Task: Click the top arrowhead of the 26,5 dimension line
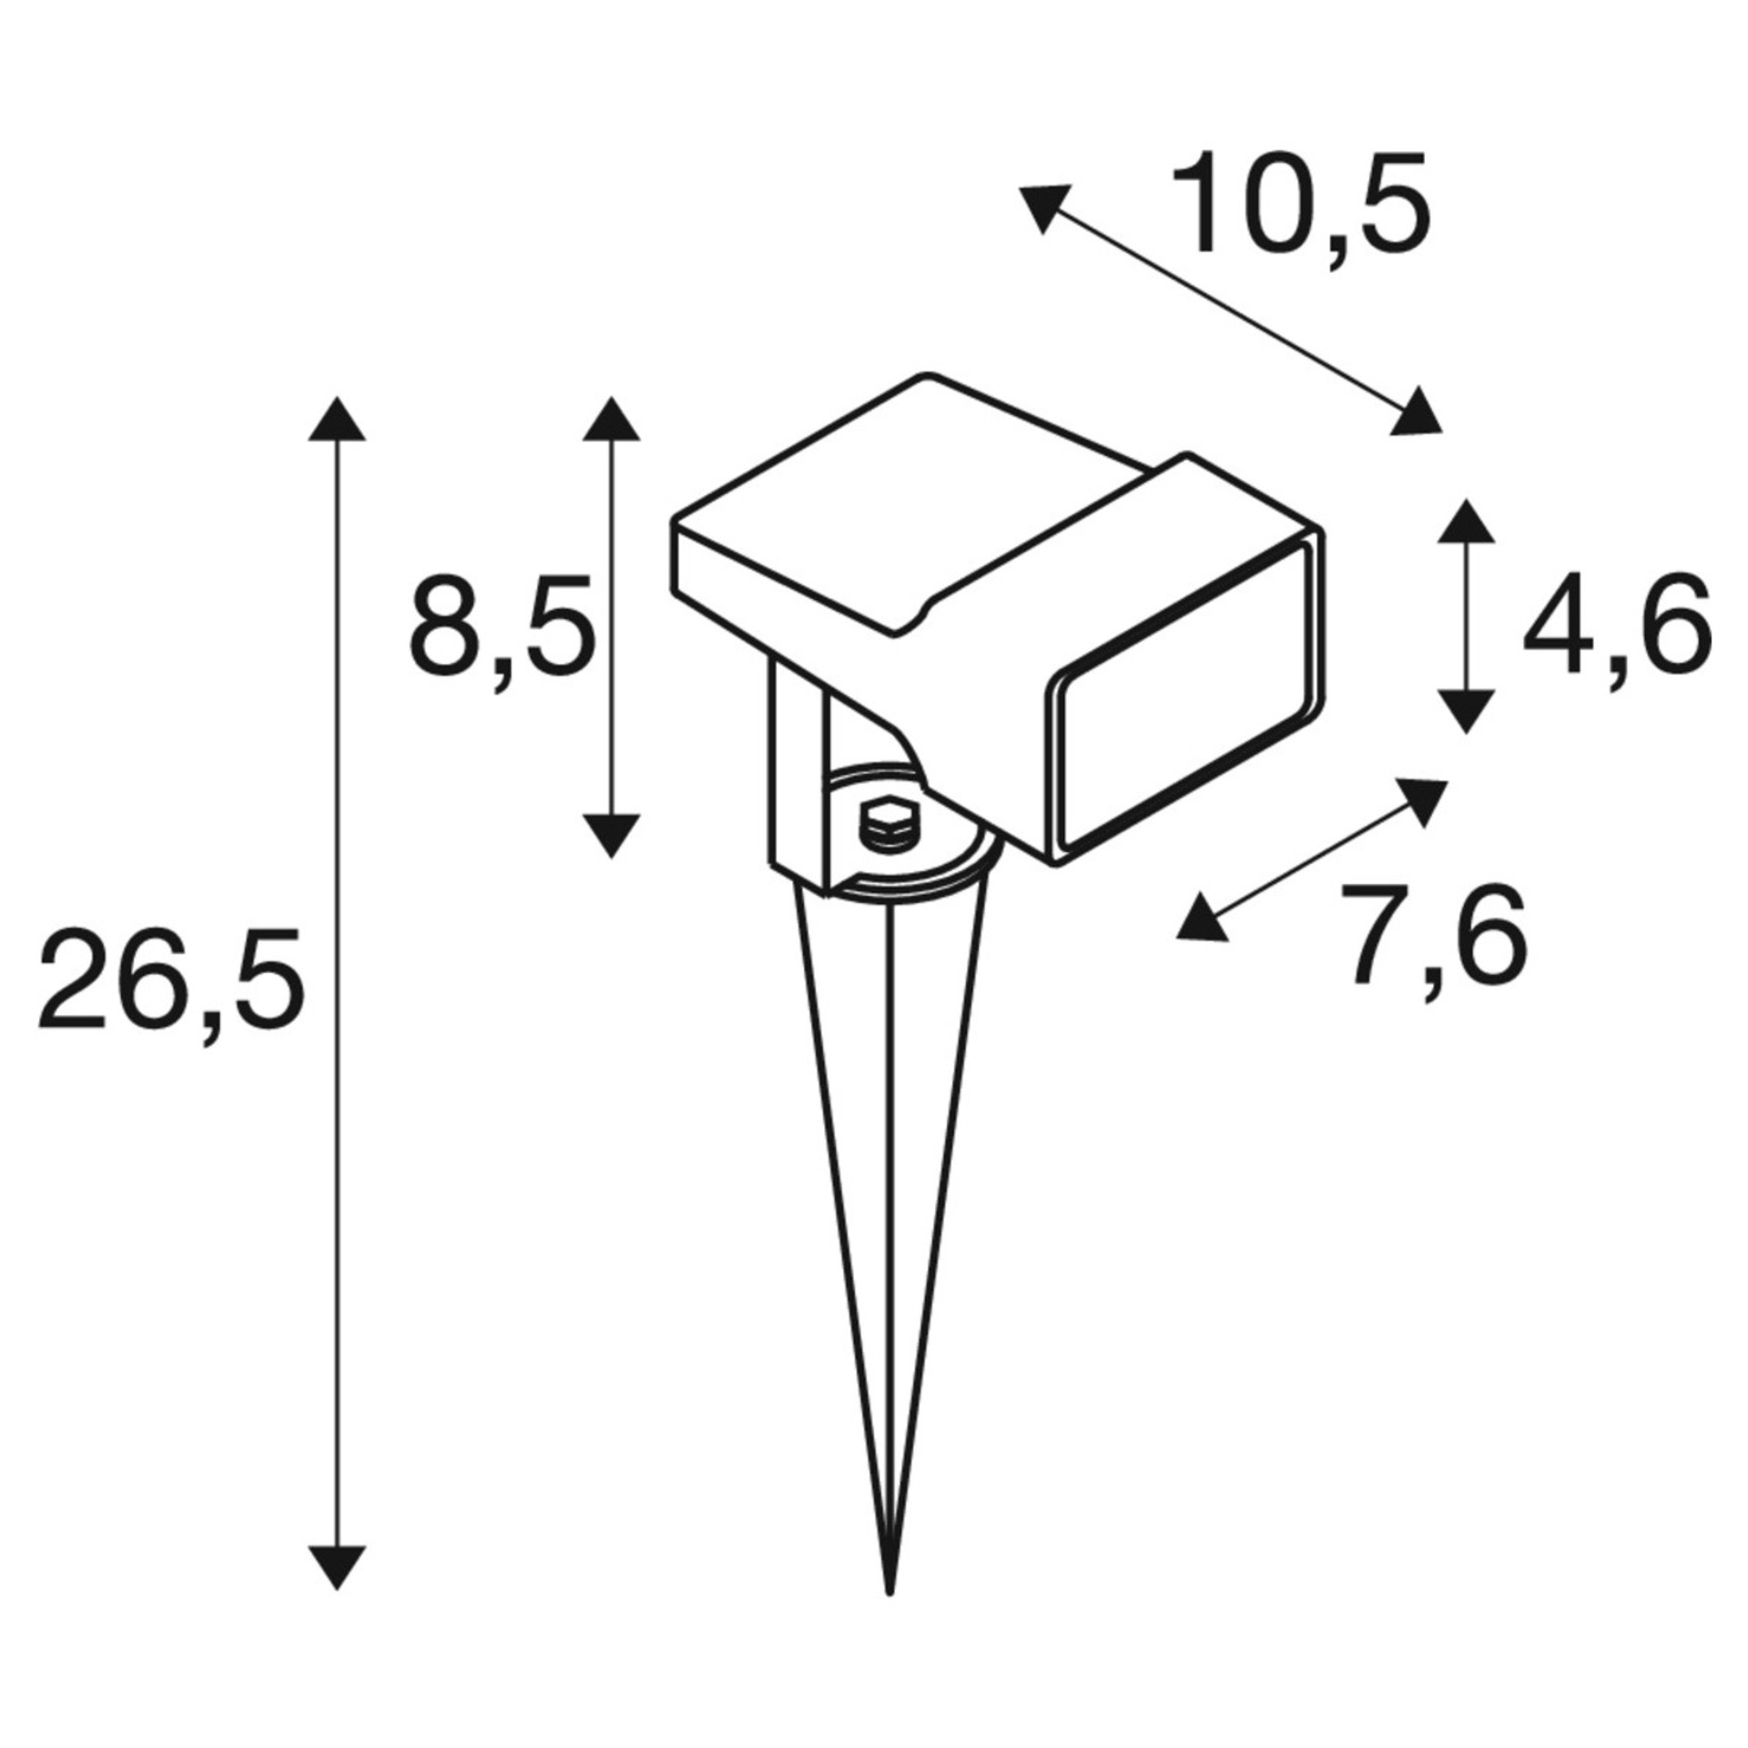[x=338, y=420]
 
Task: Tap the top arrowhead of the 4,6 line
[x=1465, y=521]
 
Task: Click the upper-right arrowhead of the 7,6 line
[x=1422, y=800]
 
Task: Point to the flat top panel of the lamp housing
[x=910, y=492]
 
